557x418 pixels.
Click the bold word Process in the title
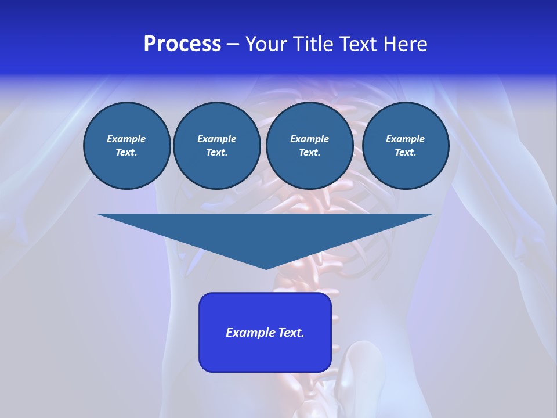182,44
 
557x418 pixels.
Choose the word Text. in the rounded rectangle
290,333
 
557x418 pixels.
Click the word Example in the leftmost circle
126,139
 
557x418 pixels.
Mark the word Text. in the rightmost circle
405,153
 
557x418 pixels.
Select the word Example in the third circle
309,139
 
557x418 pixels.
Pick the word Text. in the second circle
216,153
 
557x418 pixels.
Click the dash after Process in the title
233,45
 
